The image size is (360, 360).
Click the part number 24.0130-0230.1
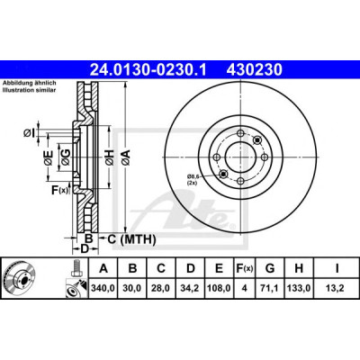[x=148, y=70]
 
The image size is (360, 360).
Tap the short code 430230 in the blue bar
[x=255, y=70]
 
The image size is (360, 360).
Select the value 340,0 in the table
[x=103, y=288]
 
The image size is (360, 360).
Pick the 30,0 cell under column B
[x=132, y=288]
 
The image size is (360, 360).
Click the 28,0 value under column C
[x=161, y=288]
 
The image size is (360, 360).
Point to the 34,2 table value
[x=191, y=288]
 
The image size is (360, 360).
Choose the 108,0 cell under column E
[x=219, y=288]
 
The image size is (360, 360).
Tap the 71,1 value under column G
[x=270, y=288]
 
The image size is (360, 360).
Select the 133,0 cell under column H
[x=299, y=288]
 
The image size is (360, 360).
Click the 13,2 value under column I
[x=337, y=288]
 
